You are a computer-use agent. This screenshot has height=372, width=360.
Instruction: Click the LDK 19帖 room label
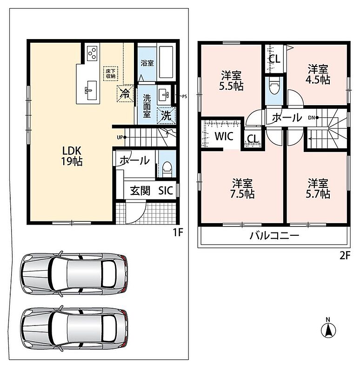[72, 156]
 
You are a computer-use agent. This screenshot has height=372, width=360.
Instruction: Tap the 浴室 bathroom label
[147, 63]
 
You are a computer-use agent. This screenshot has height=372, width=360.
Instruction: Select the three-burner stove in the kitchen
[93, 53]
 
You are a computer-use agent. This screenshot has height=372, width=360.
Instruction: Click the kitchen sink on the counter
[91, 90]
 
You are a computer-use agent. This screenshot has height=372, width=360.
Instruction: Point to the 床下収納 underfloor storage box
[111, 74]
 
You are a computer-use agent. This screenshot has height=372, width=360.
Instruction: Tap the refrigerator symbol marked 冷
[125, 93]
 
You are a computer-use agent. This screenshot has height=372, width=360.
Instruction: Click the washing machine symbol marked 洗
[167, 115]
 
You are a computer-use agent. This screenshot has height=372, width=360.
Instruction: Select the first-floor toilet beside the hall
[167, 169]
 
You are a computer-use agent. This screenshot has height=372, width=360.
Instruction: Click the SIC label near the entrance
[166, 191]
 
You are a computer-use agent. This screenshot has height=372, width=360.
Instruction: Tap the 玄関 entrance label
[140, 191]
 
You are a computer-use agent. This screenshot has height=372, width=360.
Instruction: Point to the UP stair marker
[121, 137]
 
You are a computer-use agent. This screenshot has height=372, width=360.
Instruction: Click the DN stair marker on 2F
[313, 118]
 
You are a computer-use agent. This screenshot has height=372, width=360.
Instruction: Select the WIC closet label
[224, 136]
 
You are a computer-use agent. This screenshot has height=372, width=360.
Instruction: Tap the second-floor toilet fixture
[274, 86]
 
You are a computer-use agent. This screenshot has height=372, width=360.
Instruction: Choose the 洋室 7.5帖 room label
[242, 189]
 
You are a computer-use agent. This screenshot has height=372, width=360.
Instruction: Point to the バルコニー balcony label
[274, 236]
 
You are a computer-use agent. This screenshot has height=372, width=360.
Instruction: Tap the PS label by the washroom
[184, 97]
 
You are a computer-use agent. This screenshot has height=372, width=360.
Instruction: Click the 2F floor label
[344, 256]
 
